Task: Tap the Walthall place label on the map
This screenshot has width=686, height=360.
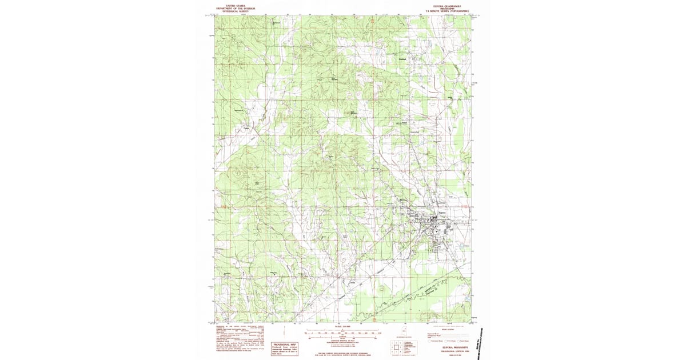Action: click(x=402, y=59)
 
